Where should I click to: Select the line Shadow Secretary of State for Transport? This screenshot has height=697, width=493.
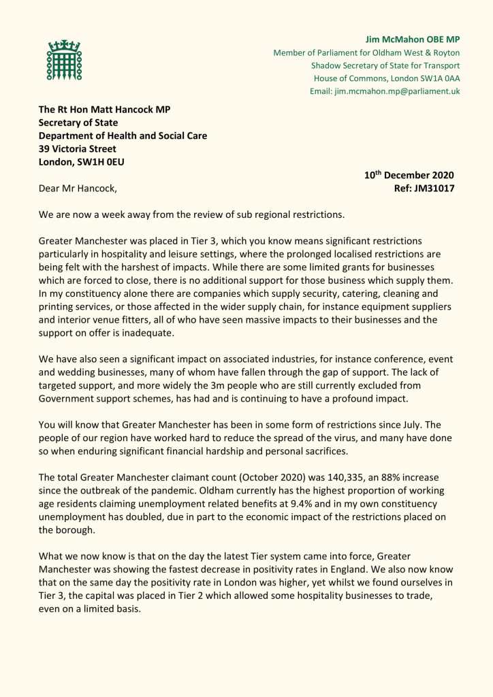point(385,65)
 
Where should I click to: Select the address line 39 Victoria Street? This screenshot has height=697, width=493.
point(77,148)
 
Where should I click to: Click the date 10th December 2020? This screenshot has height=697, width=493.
point(409,175)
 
